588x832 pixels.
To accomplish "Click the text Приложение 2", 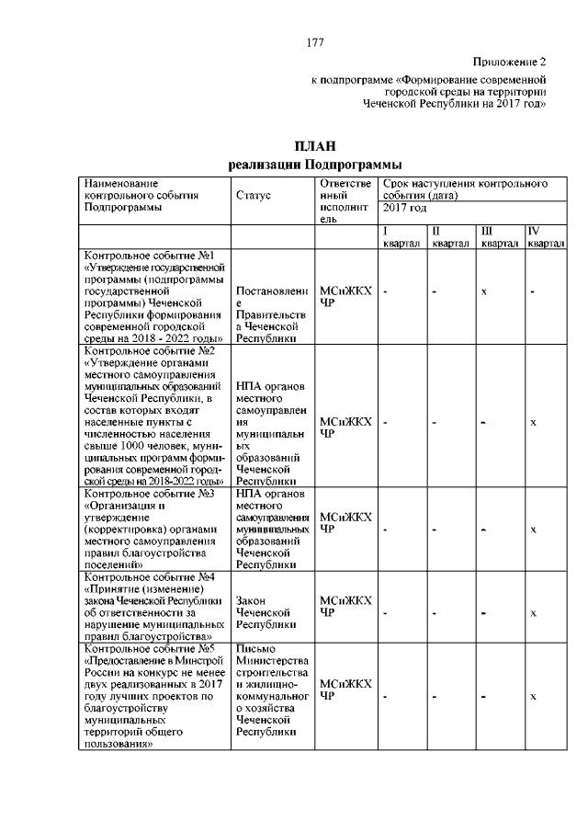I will [x=509, y=63].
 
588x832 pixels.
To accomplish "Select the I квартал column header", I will [x=401, y=237].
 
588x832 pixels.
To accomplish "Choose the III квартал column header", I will [x=500, y=237].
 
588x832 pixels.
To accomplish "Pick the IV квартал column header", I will [x=545, y=237].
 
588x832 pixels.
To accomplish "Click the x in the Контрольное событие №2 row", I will [x=534, y=422].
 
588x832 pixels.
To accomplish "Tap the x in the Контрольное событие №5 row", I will [x=534, y=696].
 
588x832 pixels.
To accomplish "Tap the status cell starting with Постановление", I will [x=272, y=312].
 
